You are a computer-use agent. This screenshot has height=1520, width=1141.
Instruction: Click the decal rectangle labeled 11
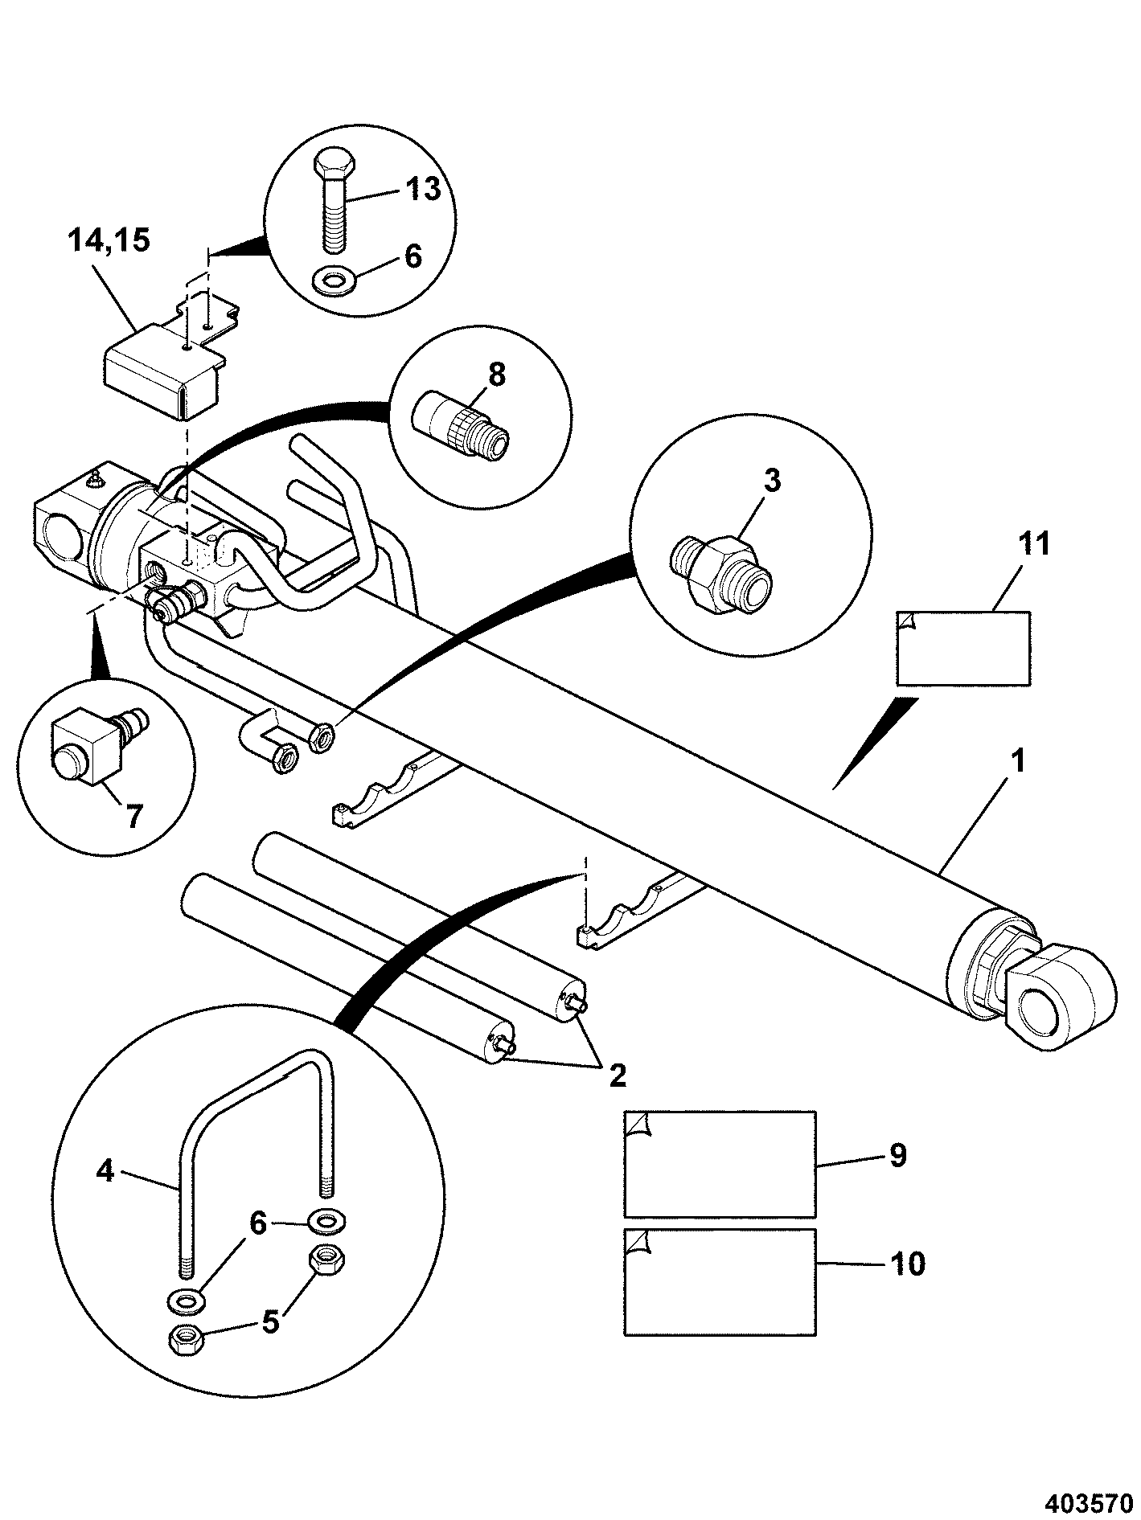[962, 647]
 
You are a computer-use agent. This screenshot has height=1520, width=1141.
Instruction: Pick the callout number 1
[1018, 761]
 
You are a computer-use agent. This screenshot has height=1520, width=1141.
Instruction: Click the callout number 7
[133, 817]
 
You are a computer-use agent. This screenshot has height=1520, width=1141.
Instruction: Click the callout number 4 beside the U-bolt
[105, 1171]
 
